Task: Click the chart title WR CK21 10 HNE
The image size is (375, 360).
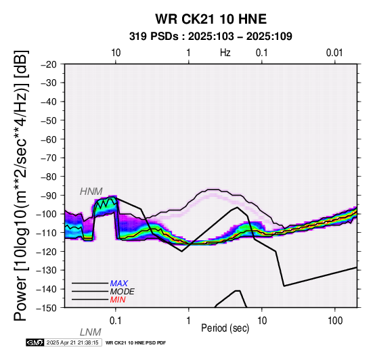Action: [211, 19]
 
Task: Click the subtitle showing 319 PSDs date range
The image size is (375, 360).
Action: [211, 37]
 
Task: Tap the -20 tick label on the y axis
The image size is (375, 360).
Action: [49, 64]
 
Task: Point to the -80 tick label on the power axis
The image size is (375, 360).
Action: [49, 177]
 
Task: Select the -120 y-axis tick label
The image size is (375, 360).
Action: [47, 252]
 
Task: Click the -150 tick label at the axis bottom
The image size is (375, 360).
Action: [47, 308]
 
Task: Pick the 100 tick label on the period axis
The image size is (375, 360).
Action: [335, 321]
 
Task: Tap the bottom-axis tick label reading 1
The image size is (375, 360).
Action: [189, 321]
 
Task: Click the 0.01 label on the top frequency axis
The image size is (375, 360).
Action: [334, 53]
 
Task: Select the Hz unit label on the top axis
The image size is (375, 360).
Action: [225, 53]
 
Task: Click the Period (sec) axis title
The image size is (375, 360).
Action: [225, 328]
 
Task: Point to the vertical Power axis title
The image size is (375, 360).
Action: [21, 185]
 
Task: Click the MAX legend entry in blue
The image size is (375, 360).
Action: [119, 284]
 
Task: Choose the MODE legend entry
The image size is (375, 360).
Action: [123, 292]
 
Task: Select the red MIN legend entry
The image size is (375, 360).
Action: [118, 300]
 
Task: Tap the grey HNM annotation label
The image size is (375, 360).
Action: [91, 192]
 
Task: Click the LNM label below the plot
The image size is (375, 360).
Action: [91, 332]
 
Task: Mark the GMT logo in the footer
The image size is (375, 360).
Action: [35, 342]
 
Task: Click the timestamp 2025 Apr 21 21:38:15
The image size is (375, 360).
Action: [72, 342]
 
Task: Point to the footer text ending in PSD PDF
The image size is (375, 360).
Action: [135, 343]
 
